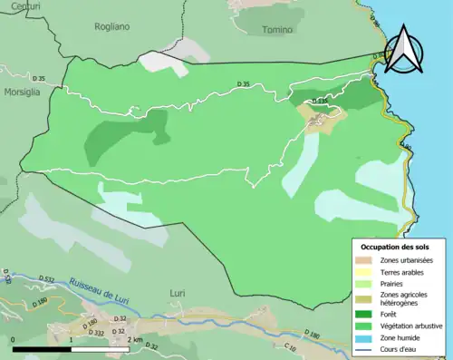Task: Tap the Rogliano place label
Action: pos(112,27)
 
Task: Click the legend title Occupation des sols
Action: pos(395,247)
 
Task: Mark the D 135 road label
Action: pos(319,102)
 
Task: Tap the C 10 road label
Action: pos(290,347)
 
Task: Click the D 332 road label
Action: pos(98,333)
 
